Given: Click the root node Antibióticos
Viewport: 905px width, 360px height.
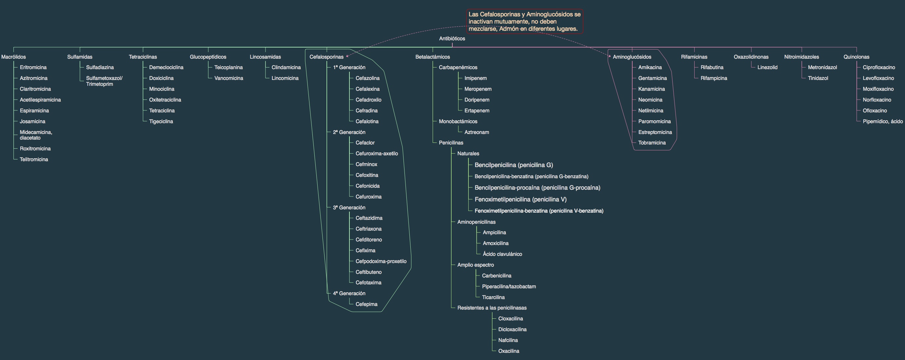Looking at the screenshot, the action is pos(452,39).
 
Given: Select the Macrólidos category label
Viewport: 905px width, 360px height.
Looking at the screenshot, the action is pos(13,57).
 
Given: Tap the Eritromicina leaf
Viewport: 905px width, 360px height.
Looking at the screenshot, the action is pos(33,67).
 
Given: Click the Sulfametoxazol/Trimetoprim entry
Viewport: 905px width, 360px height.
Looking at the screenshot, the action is pos(104,81).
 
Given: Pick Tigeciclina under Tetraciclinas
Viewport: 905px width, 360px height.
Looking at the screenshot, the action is pos(161,122).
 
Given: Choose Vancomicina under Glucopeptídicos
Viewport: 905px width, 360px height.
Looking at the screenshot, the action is pos(229,78).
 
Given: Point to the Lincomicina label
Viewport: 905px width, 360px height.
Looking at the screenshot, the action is pos(285,78).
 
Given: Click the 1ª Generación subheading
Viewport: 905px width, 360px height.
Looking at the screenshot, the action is pos(349,67).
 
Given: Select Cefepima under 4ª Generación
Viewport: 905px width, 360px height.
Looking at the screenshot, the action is pos(366,304).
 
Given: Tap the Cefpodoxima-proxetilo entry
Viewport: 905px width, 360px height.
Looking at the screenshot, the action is pos(381,261).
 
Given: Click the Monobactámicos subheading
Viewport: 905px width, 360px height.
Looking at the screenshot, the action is pos(458,122).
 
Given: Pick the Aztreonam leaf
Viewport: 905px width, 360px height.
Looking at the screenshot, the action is pos(477,132).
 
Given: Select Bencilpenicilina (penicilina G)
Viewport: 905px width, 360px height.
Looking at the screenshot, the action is pos(514,165).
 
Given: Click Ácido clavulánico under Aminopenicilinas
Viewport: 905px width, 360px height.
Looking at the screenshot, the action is pos(502,254).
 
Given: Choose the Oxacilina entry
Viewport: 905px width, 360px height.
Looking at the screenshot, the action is pos(509,351).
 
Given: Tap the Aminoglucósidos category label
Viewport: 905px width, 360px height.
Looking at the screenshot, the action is pos(632,57).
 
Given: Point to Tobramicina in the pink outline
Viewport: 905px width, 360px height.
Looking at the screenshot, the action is pos(652,143).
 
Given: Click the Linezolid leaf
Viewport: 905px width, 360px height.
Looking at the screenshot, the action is pos(767,67).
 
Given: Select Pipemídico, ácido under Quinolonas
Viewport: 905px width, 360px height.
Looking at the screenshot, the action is pos(883,122).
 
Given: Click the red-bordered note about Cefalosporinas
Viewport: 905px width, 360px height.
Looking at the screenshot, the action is pos(525,21).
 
